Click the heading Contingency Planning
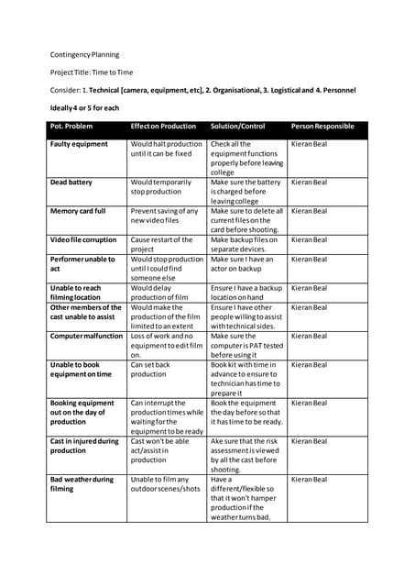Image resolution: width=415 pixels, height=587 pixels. [x=86, y=55]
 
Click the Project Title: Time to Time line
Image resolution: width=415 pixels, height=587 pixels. [x=93, y=72]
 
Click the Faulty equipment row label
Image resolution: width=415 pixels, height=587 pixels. [x=79, y=144]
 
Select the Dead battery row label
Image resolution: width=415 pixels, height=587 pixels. [x=71, y=183]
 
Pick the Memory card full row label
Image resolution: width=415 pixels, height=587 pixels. [x=78, y=211]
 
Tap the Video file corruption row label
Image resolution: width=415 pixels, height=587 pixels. [x=85, y=239]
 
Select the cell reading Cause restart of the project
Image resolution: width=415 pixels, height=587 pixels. [x=161, y=244]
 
